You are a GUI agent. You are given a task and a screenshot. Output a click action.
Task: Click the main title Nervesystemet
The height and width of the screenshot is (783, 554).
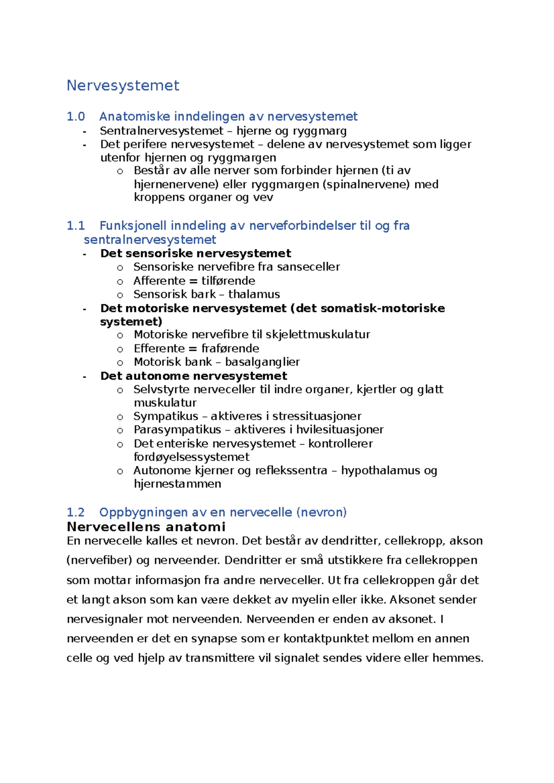123,86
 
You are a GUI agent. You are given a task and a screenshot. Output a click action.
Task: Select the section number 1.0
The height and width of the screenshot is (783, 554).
76,117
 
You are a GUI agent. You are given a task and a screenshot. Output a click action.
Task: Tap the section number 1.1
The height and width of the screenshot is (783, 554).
76,226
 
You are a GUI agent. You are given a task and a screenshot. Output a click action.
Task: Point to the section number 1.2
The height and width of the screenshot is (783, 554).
76,512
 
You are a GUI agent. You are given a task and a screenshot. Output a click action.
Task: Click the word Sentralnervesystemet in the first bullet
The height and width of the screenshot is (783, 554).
162,131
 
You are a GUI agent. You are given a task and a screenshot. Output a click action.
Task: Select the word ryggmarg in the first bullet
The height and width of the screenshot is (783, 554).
319,131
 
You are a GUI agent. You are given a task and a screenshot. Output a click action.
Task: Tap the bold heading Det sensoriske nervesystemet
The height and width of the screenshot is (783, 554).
196,254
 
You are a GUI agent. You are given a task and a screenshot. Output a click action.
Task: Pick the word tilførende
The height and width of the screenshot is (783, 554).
228,281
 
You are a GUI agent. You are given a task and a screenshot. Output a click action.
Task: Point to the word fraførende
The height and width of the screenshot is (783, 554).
230,349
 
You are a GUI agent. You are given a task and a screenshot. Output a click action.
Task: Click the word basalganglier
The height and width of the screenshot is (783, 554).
262,362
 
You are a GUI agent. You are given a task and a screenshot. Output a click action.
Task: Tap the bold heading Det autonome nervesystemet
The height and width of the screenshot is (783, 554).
194,376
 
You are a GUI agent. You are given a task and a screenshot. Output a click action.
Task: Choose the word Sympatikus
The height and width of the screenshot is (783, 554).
166,416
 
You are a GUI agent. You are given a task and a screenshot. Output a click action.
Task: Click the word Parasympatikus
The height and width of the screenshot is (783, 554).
177,430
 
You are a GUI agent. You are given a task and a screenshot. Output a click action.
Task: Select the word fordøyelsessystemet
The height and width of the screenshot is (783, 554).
192,457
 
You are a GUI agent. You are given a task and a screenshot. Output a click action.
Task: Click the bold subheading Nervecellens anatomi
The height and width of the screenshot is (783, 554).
146,527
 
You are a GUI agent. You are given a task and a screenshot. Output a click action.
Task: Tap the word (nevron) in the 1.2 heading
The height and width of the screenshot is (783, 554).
321,512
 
